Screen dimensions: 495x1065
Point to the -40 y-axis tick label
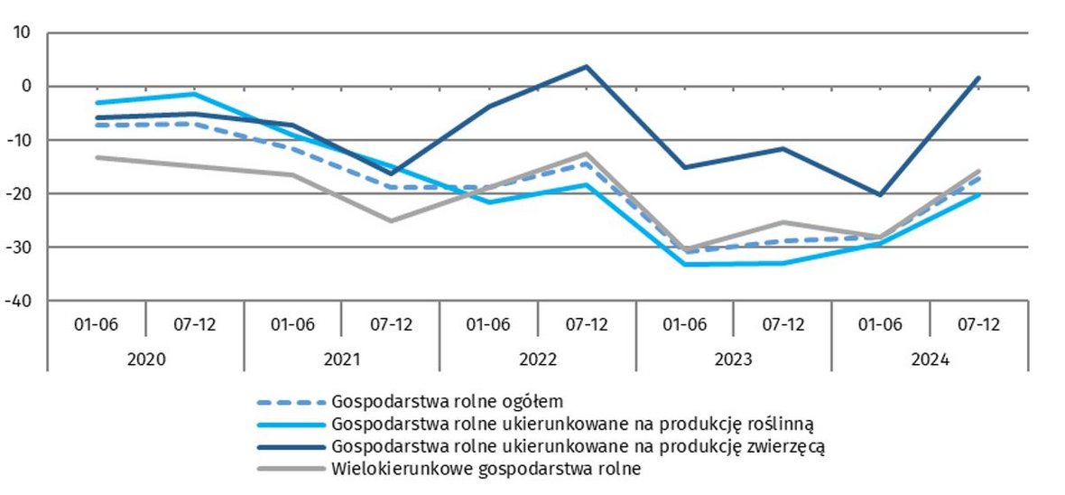click(18, 301)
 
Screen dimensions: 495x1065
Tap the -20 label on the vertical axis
click(18, 193)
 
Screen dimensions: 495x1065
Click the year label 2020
click(145, 359)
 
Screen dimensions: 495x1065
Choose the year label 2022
click(538, 359)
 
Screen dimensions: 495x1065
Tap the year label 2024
click(930, 359)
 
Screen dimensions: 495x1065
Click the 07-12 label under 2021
click(391, 324)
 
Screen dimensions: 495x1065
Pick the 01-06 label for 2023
click(685, 324)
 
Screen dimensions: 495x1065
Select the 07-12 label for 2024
click(978, 324)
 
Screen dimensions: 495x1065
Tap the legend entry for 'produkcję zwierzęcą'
click(578, 446)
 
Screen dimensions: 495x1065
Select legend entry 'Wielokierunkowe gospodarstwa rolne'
click(486, 469)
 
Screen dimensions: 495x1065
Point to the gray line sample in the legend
click(289, 469)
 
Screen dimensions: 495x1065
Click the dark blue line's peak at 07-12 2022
click(587, 66)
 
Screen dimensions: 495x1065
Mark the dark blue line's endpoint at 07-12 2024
click(978, 78)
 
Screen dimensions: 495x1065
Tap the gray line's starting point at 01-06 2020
click(97, 157)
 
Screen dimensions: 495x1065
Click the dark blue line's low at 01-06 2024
click(880, 194)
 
